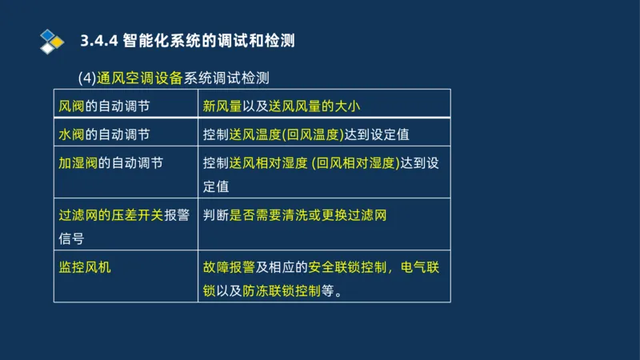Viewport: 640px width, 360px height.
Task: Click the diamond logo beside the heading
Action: [x=51, y=40]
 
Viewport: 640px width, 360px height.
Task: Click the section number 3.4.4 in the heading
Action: [x=99, y=40]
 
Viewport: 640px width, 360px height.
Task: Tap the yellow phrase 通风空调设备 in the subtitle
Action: [x=140, y=78]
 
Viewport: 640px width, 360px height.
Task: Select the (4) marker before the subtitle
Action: [x=87, y=78]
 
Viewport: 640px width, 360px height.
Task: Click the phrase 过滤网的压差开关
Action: [x=111, y=215]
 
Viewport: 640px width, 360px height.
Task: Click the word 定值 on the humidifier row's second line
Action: [x=216, y=186]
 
